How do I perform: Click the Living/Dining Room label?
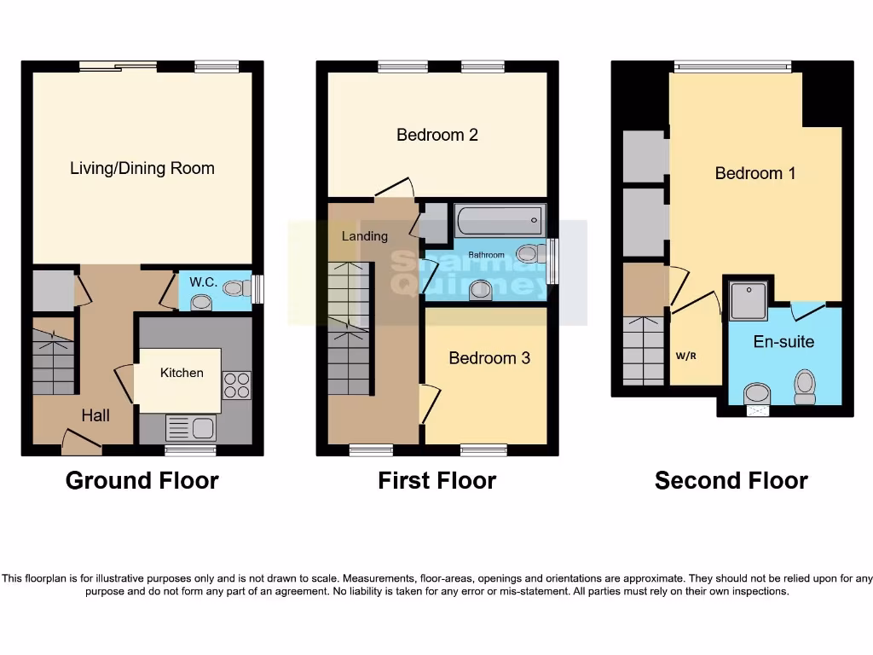pos(142,168)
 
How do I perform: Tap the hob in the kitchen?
pos(236,385)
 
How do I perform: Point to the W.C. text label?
pos(203,281)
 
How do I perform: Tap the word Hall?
pos(95,415)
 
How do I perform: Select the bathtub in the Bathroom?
pos(499,222)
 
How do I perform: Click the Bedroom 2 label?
pos(436,135)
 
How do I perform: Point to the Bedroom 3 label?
pos(489,358)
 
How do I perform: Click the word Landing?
pos(365,236)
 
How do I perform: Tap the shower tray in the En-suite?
pos(748,299)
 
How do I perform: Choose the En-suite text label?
pos(783,342)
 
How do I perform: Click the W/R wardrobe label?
pos(686,356)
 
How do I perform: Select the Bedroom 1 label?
pos(754,173)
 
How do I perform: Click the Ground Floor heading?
pos(142,481)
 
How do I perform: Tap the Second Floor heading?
pos(731,481)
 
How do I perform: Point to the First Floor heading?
pos(436,481)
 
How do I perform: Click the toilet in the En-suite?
pos(804,386)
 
